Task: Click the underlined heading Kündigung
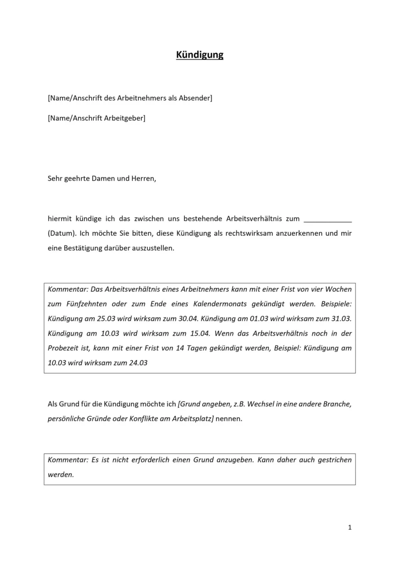[199, 55]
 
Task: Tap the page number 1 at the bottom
[350, 527]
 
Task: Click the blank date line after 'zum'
[328, 219]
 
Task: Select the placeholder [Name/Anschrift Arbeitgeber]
[96, 118]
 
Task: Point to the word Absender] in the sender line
[195, 98]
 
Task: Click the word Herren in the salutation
[143, 179]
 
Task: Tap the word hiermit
[59, 219]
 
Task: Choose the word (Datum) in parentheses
[62, 233]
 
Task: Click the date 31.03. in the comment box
[340, 319]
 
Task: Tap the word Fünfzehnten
[86, 304]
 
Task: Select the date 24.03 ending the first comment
[138, 363]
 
